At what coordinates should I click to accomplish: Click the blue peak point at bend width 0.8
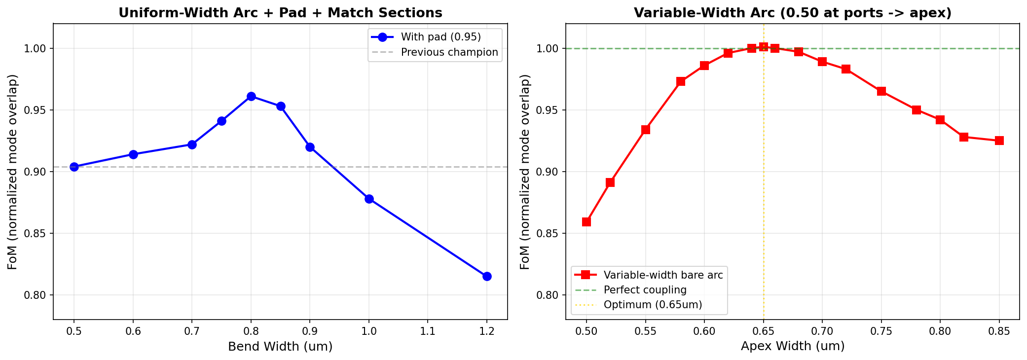click(x=251, y=96)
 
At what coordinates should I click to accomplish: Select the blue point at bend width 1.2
click(x=487, y=276)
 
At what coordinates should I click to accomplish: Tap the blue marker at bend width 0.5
click(x=74, y=167)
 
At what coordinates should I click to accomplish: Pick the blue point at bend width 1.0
click(x=369, y=199)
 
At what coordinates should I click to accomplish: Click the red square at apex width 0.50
click(x=587, y=222)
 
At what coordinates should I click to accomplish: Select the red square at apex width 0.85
click(x=999, y=141)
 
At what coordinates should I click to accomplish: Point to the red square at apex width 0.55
click(x=645, y=130)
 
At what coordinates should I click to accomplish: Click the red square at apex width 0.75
click(x=881, y=91)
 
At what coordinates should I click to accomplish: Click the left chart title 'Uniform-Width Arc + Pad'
click(x=280, y=13)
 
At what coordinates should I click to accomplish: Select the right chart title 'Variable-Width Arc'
click(x=792, y=13)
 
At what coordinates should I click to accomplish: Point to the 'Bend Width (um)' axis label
click(x=280, y=347)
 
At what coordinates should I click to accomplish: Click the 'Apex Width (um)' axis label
click(x=792, y=347)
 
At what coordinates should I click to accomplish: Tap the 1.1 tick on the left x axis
click(x=428, y=331)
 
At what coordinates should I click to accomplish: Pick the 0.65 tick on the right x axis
click(x=764, y=331)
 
